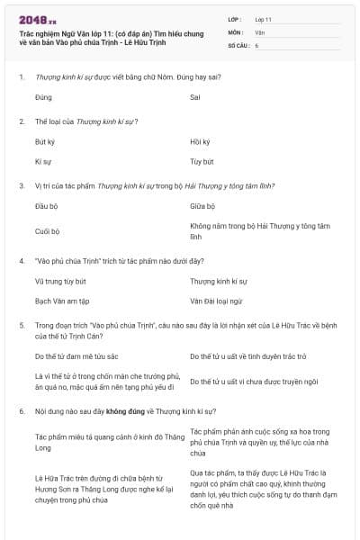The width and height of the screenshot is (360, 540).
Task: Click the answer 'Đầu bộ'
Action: pos(46,207)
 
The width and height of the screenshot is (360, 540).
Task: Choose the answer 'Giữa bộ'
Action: pos(202,207)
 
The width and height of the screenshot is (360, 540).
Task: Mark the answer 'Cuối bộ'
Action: pos(47,231)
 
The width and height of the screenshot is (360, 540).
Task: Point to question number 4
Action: pos(21,261)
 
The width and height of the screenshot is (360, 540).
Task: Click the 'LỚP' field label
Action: pos(235,18)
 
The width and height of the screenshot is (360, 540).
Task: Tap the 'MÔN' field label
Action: pos(236,31)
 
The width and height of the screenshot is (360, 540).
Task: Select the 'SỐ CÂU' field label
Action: pos(238,44)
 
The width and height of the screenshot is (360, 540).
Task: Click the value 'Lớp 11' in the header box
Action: pos(264,18)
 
